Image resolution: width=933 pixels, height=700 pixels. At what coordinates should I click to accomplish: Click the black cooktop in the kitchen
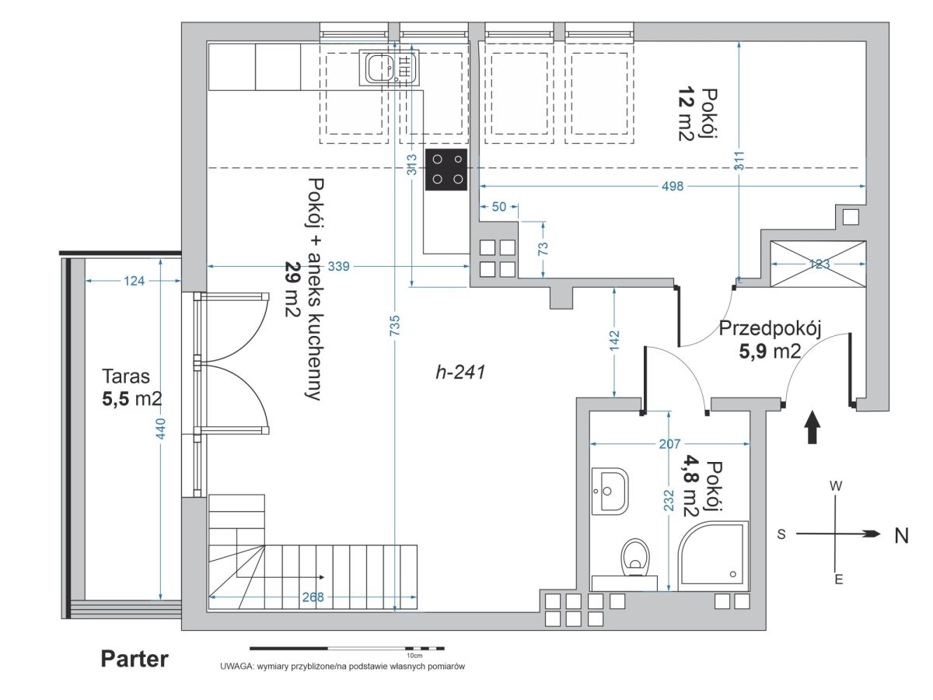click(x=446, y=170)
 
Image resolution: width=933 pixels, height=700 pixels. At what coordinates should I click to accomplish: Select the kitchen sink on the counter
click(x=389, y=68)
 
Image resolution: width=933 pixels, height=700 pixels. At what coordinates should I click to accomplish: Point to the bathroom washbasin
click(x=610, y=492)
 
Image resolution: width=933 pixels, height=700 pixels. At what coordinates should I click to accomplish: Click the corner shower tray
click(x=713, y=556)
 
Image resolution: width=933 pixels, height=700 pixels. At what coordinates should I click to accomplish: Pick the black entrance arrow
click(x=812, y=427)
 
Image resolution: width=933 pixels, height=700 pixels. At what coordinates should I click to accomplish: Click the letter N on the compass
click(x=901, y=536)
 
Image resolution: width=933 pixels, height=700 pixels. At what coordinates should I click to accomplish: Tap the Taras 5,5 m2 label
click(x=131, y=387)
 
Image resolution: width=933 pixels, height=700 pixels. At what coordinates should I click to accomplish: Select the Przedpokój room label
click(x=770, y=329)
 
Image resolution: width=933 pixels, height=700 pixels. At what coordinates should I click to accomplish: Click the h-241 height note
click(x=460, y=373)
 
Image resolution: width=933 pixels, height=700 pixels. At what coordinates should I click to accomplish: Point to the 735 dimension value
click(x=395, y=325)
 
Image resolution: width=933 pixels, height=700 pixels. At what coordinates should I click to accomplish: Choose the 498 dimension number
click(x=673, y=186)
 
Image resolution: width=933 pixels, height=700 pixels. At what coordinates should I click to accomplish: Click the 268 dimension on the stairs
click(x=313, y=597)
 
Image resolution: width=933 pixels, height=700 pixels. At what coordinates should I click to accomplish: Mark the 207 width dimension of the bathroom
click(x=669, y=444)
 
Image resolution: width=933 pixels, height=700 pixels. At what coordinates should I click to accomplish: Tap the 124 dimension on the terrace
click(x=134, y=281)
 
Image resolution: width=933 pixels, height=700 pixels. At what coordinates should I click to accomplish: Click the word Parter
click(x=135, y=660)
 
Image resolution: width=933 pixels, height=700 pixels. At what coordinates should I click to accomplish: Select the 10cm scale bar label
click(x=414, y=656)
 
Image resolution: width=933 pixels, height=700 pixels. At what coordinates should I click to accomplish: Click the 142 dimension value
click(x=614, y=341)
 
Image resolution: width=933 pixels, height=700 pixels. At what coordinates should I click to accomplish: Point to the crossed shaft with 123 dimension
click(x=818, y=264)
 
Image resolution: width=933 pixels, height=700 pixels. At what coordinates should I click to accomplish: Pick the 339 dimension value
click(x=338, y=267)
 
